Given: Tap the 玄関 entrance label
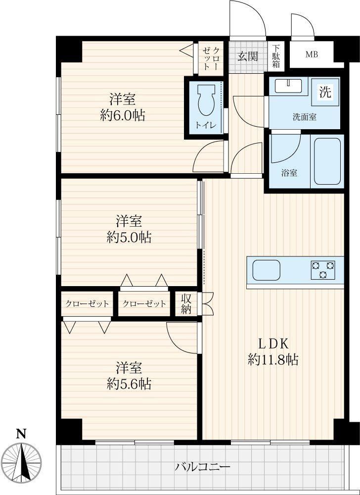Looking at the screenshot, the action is coord(247,56).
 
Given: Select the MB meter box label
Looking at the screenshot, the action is coord(311,54).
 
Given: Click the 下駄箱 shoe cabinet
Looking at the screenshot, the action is coord(276,56).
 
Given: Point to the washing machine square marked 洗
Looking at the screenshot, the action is coord(325,92).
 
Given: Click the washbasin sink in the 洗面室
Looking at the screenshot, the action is coord(288,86).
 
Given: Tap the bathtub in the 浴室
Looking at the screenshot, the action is coord(327,161).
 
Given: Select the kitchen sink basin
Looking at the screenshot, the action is coord(267,270).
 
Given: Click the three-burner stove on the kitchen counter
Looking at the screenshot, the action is coord(323,270).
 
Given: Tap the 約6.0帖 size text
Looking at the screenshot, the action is coord(123,116).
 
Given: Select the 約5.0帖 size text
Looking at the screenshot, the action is coord(129,238).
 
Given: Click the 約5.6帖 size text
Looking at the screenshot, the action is coord(129,384).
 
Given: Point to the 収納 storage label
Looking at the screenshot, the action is coord(186,304).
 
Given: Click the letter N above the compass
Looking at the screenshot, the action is coord(21,435).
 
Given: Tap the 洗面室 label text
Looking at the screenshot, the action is coord(304,117).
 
